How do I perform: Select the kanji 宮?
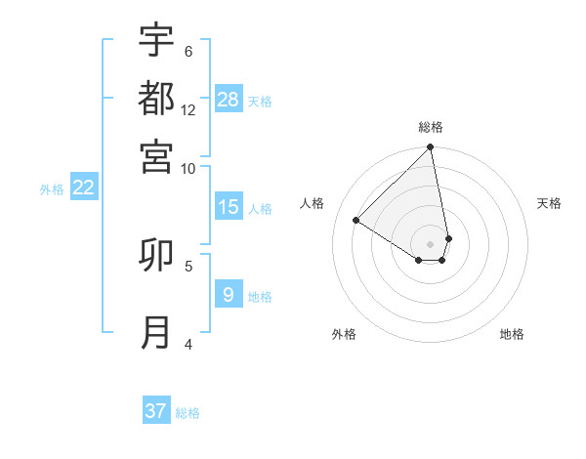click(156, 156)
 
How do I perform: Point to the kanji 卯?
click(156, 255)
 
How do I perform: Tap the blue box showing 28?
click(229, 100)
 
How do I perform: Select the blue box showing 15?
click(229, 207)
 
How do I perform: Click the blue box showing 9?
click(229, 294)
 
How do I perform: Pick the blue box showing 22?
click(83, 188)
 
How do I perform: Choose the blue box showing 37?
click(156, 411)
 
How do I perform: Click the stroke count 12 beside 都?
click(188, 109)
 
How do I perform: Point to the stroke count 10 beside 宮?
click(188, 168)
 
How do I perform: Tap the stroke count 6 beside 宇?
click(188, 51)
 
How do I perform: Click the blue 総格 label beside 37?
click(188, 413)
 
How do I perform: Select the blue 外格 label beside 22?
click(52, 189)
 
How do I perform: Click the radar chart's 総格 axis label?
click(431, 127)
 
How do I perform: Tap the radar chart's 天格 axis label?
click(549, 203)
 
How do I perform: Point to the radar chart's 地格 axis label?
click(512, 334)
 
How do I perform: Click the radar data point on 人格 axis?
click(356, 221)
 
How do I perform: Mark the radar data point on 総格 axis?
click(430, 148)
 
